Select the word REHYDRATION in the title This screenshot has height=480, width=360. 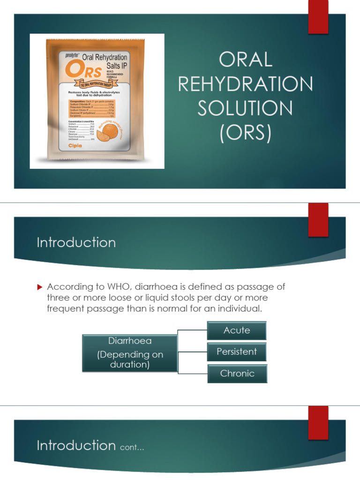click(245, 84)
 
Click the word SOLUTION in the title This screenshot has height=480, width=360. click(245, 109)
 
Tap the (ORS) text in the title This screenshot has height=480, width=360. click(245, 133)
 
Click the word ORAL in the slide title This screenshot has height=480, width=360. click(245, 60)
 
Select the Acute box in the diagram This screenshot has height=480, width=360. click(237, 330)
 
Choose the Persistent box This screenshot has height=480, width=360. click(237, 352)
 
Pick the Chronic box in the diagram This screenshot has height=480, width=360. click(237, 374)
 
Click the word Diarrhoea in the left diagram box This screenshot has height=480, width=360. click(130, 341)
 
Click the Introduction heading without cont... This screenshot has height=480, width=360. click(76, 242)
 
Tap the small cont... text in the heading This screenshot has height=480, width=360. click(132, 448)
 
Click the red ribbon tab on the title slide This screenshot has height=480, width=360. click(318, 17)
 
